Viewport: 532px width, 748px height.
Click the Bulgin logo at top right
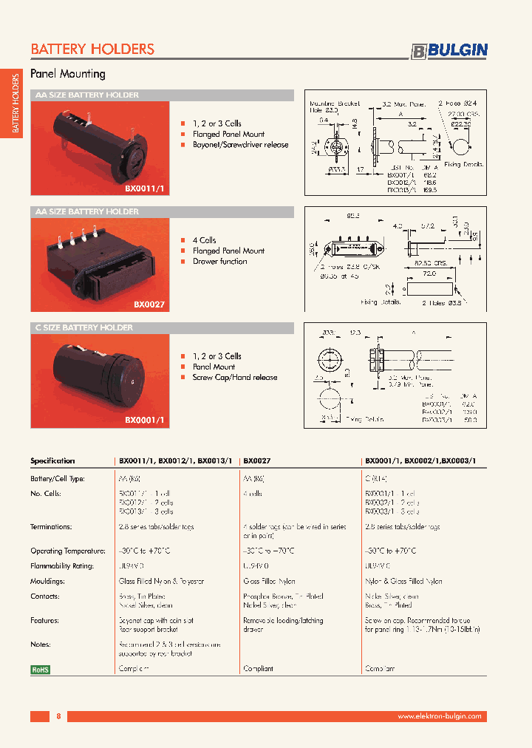pos(449,50)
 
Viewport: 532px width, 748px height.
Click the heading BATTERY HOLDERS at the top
pos(92,50)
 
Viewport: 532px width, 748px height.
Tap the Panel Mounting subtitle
pos(67,74)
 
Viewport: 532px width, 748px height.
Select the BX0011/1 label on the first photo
pos(148,188)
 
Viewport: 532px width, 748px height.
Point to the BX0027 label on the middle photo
pos(149,304)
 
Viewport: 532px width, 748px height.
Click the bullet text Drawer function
pos(219,262)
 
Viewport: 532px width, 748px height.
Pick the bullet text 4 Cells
pos(204,240)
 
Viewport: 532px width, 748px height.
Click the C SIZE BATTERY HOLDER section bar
pos(162,327)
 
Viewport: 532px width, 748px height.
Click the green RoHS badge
pos(40,669)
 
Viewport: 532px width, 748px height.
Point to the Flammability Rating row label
pos(61,566)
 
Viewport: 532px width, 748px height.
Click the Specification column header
pos(52,460)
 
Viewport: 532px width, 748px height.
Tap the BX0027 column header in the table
pos(256,460)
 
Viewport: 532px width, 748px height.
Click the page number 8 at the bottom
pos(58,716)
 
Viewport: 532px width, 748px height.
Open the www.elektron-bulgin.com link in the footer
pos(440,716)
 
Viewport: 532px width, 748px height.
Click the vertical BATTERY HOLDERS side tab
pos(15,104)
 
